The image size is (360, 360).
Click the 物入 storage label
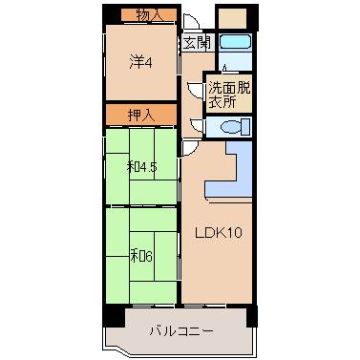(x=148, y=14)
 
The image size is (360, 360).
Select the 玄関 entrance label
(x=197, y=43)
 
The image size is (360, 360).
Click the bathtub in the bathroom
(x=234, y=43)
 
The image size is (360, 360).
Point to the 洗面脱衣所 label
(x=229, y=95)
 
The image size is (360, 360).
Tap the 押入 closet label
(x=141, y=115)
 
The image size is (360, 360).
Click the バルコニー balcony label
(x=180, y=331)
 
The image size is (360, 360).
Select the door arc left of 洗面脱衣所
(x=198, y=92)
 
